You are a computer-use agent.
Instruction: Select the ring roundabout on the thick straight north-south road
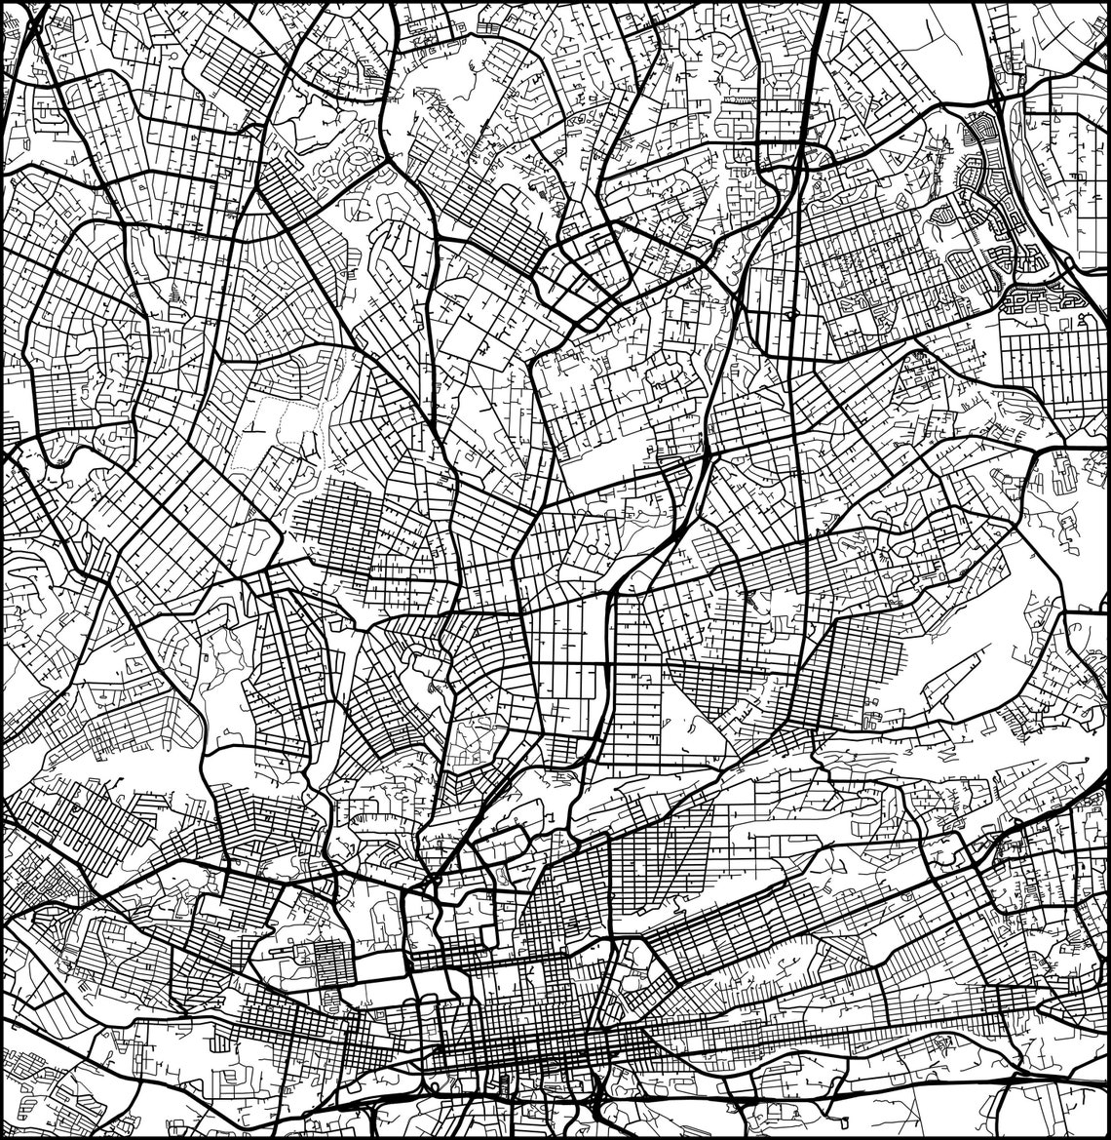tap(791, 314)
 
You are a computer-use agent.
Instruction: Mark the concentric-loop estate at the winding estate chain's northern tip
tap(979, 127)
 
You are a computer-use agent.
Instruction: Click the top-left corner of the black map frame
tap(2, 2)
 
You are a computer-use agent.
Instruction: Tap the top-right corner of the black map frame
tap(1109, 2)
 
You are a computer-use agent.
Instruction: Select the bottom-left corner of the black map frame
tap(2, 1137)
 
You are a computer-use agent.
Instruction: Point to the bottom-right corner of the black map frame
tap(1109, 1137)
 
